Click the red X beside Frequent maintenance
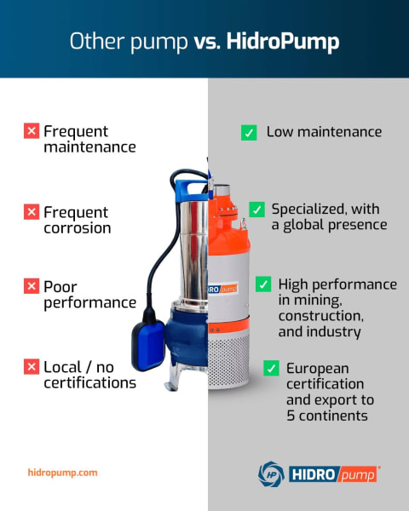32,131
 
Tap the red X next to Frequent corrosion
32,212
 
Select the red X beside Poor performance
32,286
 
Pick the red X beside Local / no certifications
32,367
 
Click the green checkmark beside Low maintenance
249,133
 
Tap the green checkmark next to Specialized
256,210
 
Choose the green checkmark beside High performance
263,284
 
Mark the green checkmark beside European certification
271,369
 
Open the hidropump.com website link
62,472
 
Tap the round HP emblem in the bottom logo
270,474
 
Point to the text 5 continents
328,416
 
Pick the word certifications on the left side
89,383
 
